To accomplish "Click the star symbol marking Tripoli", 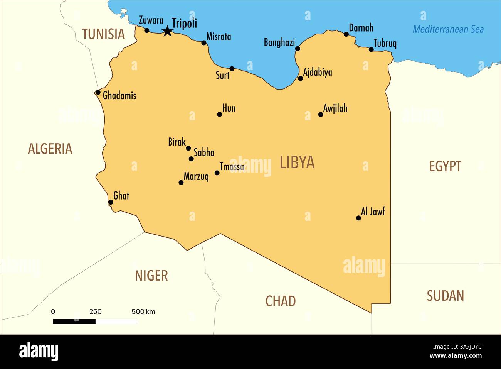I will (167, 31).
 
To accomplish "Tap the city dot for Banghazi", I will (298, 49).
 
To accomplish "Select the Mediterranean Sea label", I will (448, 29).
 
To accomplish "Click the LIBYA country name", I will (297, 162).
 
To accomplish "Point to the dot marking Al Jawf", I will (358, 218).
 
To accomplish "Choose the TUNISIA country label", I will (103, 34).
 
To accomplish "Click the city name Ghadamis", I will (119, 95).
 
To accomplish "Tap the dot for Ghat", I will (111, 202).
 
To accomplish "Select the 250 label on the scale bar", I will (95, 311).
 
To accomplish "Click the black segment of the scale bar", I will (74, 321).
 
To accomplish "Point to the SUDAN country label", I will (445, 296).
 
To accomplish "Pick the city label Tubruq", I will (385, 43).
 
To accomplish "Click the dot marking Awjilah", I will (321, 114).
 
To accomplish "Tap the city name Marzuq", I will (196, 177).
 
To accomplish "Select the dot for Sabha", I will (191, 159).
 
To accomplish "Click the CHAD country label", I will (281, 301).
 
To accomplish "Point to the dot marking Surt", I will (232, 69).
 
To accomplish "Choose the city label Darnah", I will (361, 28).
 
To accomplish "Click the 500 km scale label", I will (143, 311).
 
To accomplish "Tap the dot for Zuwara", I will (146, 30).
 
